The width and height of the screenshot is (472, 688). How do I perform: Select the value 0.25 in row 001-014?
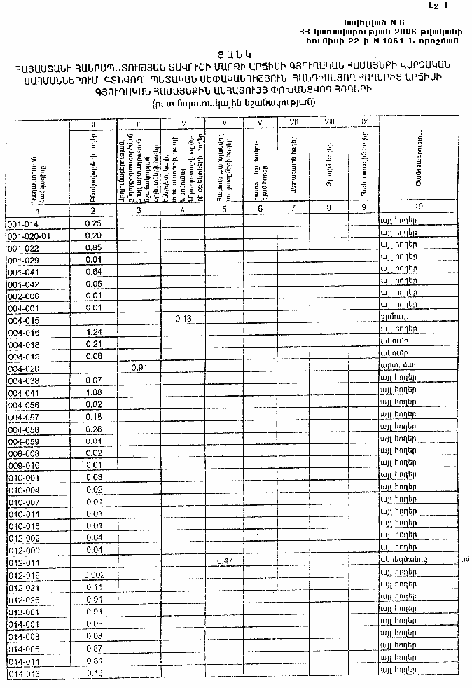(x=93, y=223)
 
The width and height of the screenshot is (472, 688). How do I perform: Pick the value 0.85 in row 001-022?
(x=93, y=247)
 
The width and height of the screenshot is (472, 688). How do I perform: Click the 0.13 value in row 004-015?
(x=183, y=319)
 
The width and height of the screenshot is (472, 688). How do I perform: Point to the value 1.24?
(x=93, y=331)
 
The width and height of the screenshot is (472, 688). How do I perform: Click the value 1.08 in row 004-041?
(x=93, y=392)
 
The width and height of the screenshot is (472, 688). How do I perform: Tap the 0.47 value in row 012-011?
(x=225, y=561)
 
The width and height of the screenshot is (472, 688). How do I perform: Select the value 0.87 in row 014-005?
(x=93, y=649)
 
